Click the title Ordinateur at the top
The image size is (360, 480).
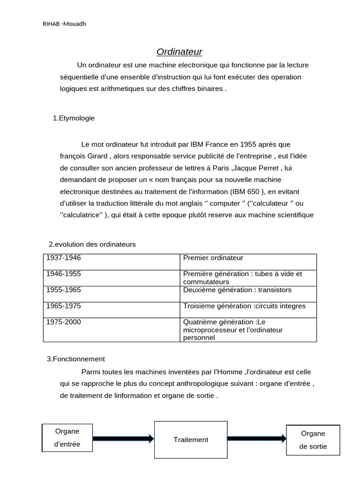click(x=179, y=52)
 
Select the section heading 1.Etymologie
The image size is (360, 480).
click(x=74, y=118)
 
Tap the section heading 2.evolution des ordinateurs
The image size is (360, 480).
click(x=92, y=244)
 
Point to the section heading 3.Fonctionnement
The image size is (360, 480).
click(x=76, y=359)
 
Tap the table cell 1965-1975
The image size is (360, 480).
click(x=64, y=306)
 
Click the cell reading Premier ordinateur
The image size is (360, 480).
click(x=213, y=258)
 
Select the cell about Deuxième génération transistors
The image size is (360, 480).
click(x=237, y=290)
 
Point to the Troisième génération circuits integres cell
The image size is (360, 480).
click(x=244, y=306)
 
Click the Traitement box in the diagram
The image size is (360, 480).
click(x=191, y=440)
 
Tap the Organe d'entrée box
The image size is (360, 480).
click(x=67, y=438)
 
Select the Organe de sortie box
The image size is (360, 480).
click(x=313, y=440)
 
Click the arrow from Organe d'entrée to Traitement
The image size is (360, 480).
click(x=123, y=439)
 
